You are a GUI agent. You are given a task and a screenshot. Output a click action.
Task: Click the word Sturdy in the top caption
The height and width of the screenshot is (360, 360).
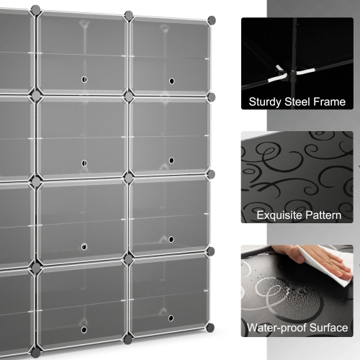[x=264, y=102]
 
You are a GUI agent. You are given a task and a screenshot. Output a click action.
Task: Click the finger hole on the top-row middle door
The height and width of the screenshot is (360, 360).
[x=84, y=80]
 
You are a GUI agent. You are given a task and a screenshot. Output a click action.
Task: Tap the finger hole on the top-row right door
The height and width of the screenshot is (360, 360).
[x=171, y=81]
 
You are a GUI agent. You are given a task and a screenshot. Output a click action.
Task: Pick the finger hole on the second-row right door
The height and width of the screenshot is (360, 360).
[x=171, y=161]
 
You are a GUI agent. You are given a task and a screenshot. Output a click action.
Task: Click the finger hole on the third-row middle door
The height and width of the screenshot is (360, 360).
[x=84, y=246]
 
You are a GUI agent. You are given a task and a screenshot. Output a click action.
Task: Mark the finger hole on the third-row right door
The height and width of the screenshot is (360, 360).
[x=171, y=240]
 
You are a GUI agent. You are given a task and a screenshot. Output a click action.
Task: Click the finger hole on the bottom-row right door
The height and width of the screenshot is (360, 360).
[x=171, y=318]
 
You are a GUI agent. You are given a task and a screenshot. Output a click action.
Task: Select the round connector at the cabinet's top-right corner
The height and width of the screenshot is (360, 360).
[x=211, y=18]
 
